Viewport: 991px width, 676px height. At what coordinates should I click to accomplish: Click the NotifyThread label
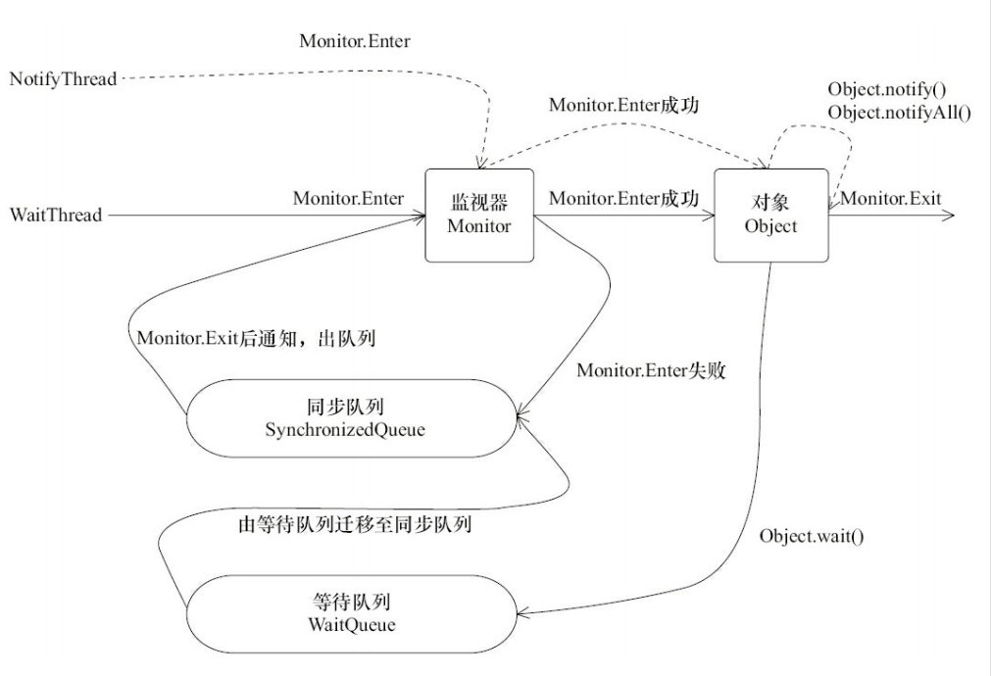(x=62, y=77)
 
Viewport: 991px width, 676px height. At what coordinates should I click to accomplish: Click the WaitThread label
(x=55, y=215)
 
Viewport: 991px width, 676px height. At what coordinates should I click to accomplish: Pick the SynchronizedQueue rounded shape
(x=352, y=418)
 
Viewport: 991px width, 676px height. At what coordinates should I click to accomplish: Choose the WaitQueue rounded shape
(x=352, y=612)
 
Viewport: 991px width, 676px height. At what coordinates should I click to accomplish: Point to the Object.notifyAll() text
(x=898, y=112)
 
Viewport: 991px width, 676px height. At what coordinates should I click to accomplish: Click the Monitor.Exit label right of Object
(x=891, y=199)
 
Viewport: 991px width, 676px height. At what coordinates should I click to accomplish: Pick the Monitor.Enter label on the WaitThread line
(x=348, y=199)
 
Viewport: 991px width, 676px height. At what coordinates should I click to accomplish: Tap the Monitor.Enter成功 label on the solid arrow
(x=623, y=199)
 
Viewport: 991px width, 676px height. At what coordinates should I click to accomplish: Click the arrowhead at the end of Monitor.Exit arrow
(x=948, y=216)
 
